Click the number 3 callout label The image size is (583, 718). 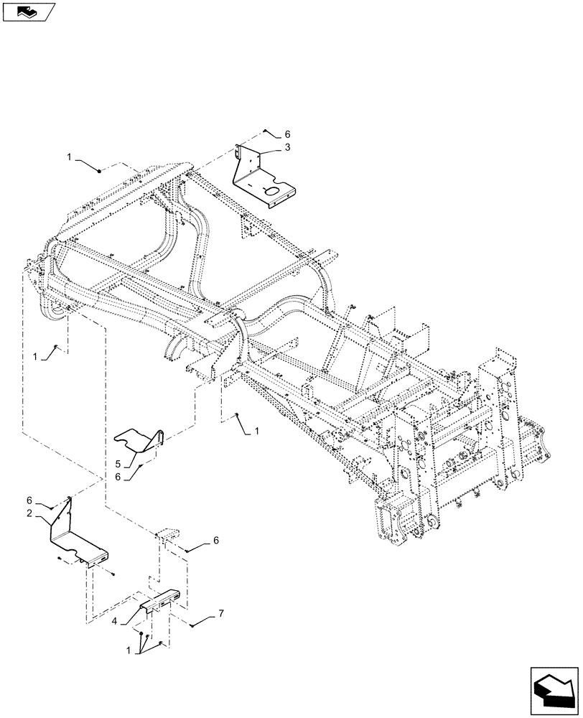pyautogui.click(x=286, y=147)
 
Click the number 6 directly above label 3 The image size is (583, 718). pyautogui.click(x=287, y=134)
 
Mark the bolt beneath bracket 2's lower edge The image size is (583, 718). pyautogui.click(x=114, y=573)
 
